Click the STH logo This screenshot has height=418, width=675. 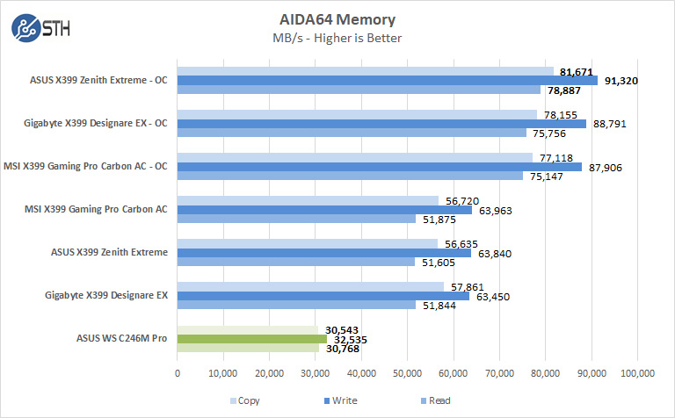pyautogui.click(x=40, y=28)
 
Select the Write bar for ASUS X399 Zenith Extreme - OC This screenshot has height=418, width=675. pyautogui.click(x=388, y=81)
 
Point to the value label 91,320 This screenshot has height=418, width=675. pyautogui.click(x=620, y=81)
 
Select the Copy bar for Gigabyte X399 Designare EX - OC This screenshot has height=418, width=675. pyautogui.click(x=357, y=114)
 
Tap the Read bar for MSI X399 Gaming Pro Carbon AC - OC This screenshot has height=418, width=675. pyautogui.click(x=350, y=176)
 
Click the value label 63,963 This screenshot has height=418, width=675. pyautogui.click(x=493, y=210)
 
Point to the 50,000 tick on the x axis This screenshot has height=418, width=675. pyautogui.click(x=407, y=373)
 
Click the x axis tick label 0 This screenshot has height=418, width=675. pyautogui.click(x=178, y=373)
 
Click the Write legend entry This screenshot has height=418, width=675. pyautogui.click(x=339, y=400)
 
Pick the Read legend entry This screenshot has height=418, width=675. pyautogui.click(x=431, y=400)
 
